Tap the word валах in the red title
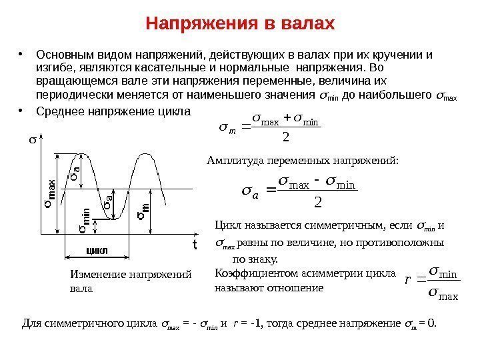point(303,25)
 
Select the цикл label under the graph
point(97,251)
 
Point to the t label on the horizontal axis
point(195,244)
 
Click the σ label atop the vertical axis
point(30,141)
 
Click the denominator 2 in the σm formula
point(285,137)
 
